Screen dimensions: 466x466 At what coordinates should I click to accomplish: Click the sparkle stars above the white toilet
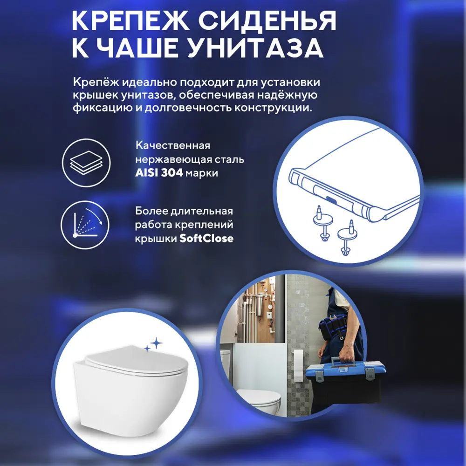pyautogui.click(x=152, y=345)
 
